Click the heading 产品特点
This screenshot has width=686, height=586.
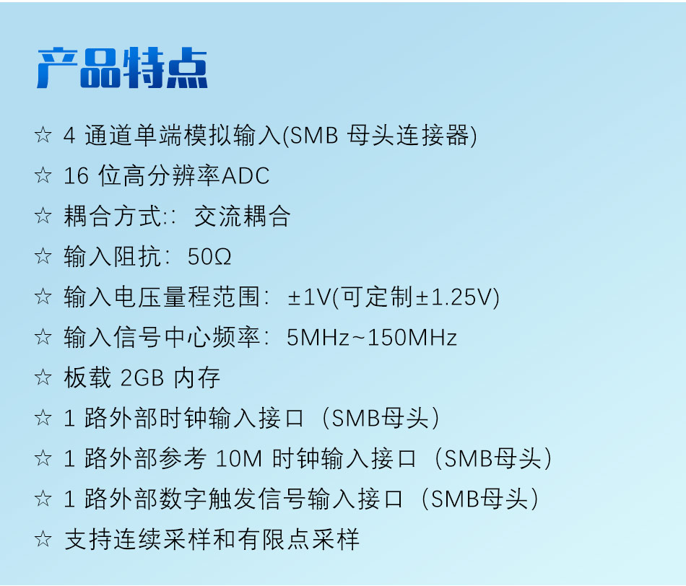[122, 68]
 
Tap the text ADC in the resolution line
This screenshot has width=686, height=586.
[246, 176]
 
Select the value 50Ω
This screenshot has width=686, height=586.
[209, 257]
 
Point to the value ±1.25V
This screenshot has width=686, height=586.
[455, 297]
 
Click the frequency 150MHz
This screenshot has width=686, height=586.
[412, 338]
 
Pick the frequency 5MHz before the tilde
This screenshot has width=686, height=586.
[318, 338]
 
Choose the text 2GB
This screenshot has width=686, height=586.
[142, 378]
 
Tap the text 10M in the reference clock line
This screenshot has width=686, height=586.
[239, 459]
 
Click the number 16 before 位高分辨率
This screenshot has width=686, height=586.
[76, 176]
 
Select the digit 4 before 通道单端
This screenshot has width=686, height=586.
[69, 136]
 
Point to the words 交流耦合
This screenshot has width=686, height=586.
[242, 217]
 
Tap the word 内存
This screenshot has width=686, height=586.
[197, 378]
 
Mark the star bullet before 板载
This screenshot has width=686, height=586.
[43, 377]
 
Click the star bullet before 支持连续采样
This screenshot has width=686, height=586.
[43, 539]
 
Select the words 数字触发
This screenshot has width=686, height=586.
[207, 499]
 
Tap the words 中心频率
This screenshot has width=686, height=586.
[212, 337]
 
